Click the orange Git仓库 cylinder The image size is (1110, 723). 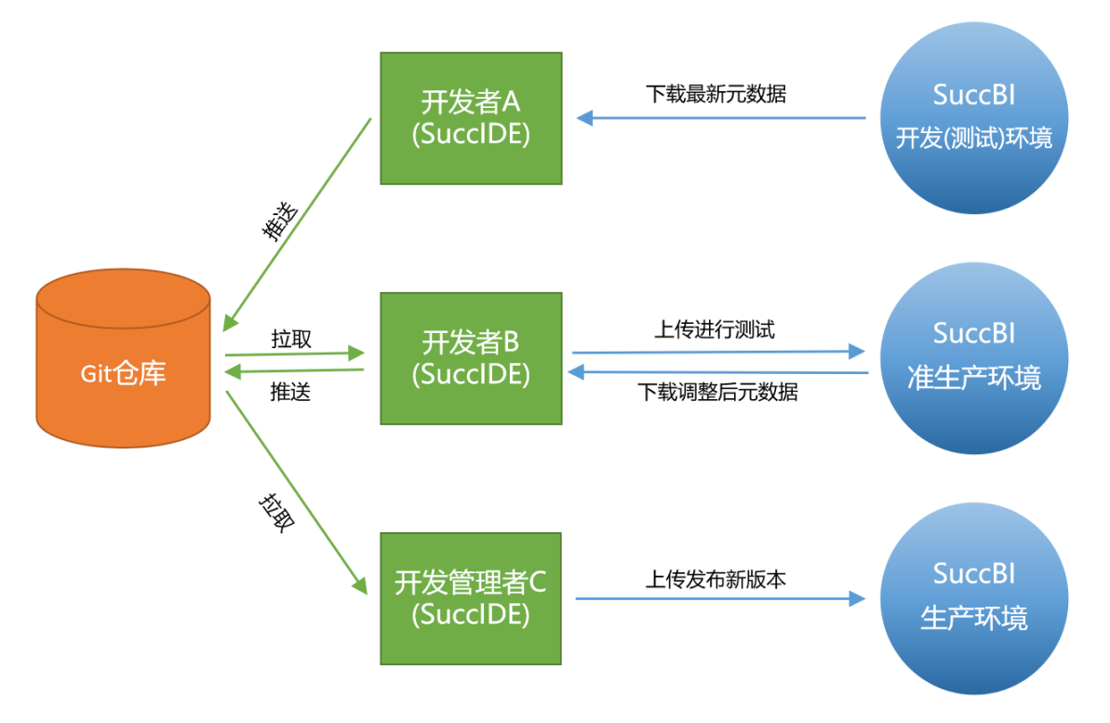124,372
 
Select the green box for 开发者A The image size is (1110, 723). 471,118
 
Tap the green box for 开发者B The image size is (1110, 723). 471,358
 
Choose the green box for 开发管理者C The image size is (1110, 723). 471,598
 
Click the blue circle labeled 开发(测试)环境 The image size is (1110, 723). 973,118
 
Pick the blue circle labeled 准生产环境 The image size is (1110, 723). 973,358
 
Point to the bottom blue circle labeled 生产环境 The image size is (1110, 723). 973,598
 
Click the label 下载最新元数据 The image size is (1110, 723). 715,94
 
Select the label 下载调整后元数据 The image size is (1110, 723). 717,392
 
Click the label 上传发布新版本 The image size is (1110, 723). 715,579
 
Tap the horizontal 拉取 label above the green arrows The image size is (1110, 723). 291,339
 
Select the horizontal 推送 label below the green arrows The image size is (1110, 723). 290,392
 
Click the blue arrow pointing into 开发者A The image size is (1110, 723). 721,118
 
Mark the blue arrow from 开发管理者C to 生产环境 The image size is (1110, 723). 721,599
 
